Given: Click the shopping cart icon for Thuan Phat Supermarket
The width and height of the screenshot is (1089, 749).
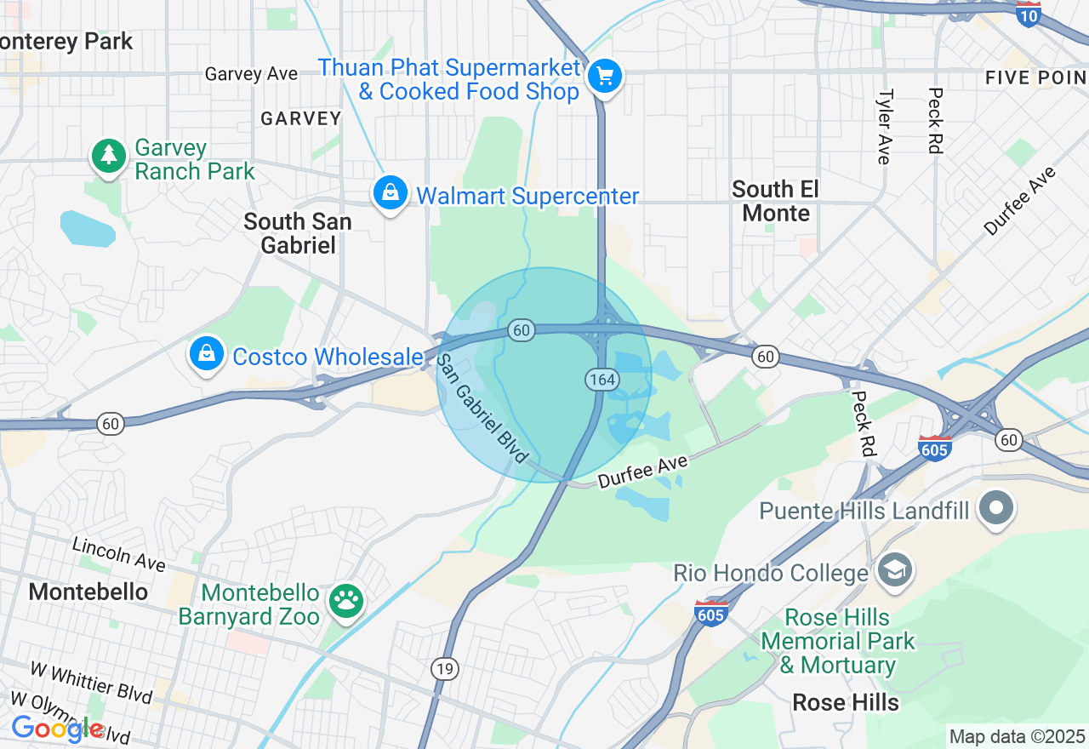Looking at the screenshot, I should coord(605,77).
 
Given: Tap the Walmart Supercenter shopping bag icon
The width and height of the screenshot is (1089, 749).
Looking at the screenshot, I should coord(390,192).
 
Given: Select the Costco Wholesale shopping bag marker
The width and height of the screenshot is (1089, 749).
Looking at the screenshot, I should coord(207,353).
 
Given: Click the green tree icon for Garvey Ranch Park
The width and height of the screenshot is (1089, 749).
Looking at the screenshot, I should coord(108,156).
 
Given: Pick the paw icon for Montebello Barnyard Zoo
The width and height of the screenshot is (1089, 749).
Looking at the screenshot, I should coord(346,600).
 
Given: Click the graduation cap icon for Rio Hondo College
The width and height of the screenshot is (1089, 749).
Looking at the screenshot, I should coord(895,569).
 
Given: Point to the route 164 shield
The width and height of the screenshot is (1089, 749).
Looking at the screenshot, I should coord(602,380).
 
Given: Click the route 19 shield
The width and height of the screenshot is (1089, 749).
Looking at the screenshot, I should coord(444,669).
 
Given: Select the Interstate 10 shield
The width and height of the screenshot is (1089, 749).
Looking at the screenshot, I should coord(1029,14).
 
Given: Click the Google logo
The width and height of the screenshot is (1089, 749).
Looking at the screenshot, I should coord(57,729).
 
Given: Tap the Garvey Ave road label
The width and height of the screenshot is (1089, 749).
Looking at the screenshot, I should coord(251,74).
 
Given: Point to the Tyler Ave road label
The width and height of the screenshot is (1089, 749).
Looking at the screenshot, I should coord(885,126).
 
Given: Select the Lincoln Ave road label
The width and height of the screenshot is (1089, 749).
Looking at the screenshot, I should coord(118,554).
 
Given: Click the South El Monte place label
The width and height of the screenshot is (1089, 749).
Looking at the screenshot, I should coord(775,201).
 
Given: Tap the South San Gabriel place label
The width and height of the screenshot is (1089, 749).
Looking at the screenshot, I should coord(297,233).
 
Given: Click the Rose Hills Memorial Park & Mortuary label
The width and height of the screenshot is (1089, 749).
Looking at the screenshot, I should coord(837,641).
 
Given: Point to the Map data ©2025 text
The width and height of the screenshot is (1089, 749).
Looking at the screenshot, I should coord(1017,736).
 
